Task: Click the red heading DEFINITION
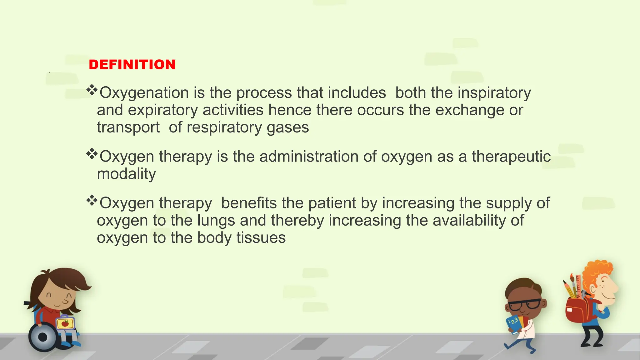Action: click(x=132, y=65)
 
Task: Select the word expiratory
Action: click(x=163, y=110)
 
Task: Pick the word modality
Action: click(x=126, y=174)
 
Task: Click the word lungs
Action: click(x=216, y=221)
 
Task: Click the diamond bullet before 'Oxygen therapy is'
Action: click(x=92, y=154)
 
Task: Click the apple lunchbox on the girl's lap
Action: click(x=65, y=323)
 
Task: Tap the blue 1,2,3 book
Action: click(x=513, y=323)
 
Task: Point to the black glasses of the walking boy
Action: click(x=524, y=304)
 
